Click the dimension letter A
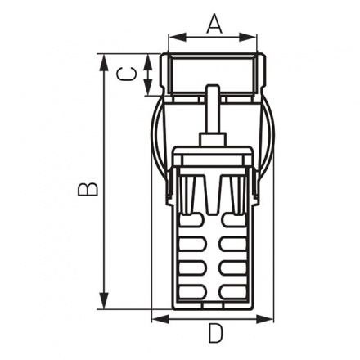point(213,24)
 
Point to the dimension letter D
point(214,334)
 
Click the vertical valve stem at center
point(213,115)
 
